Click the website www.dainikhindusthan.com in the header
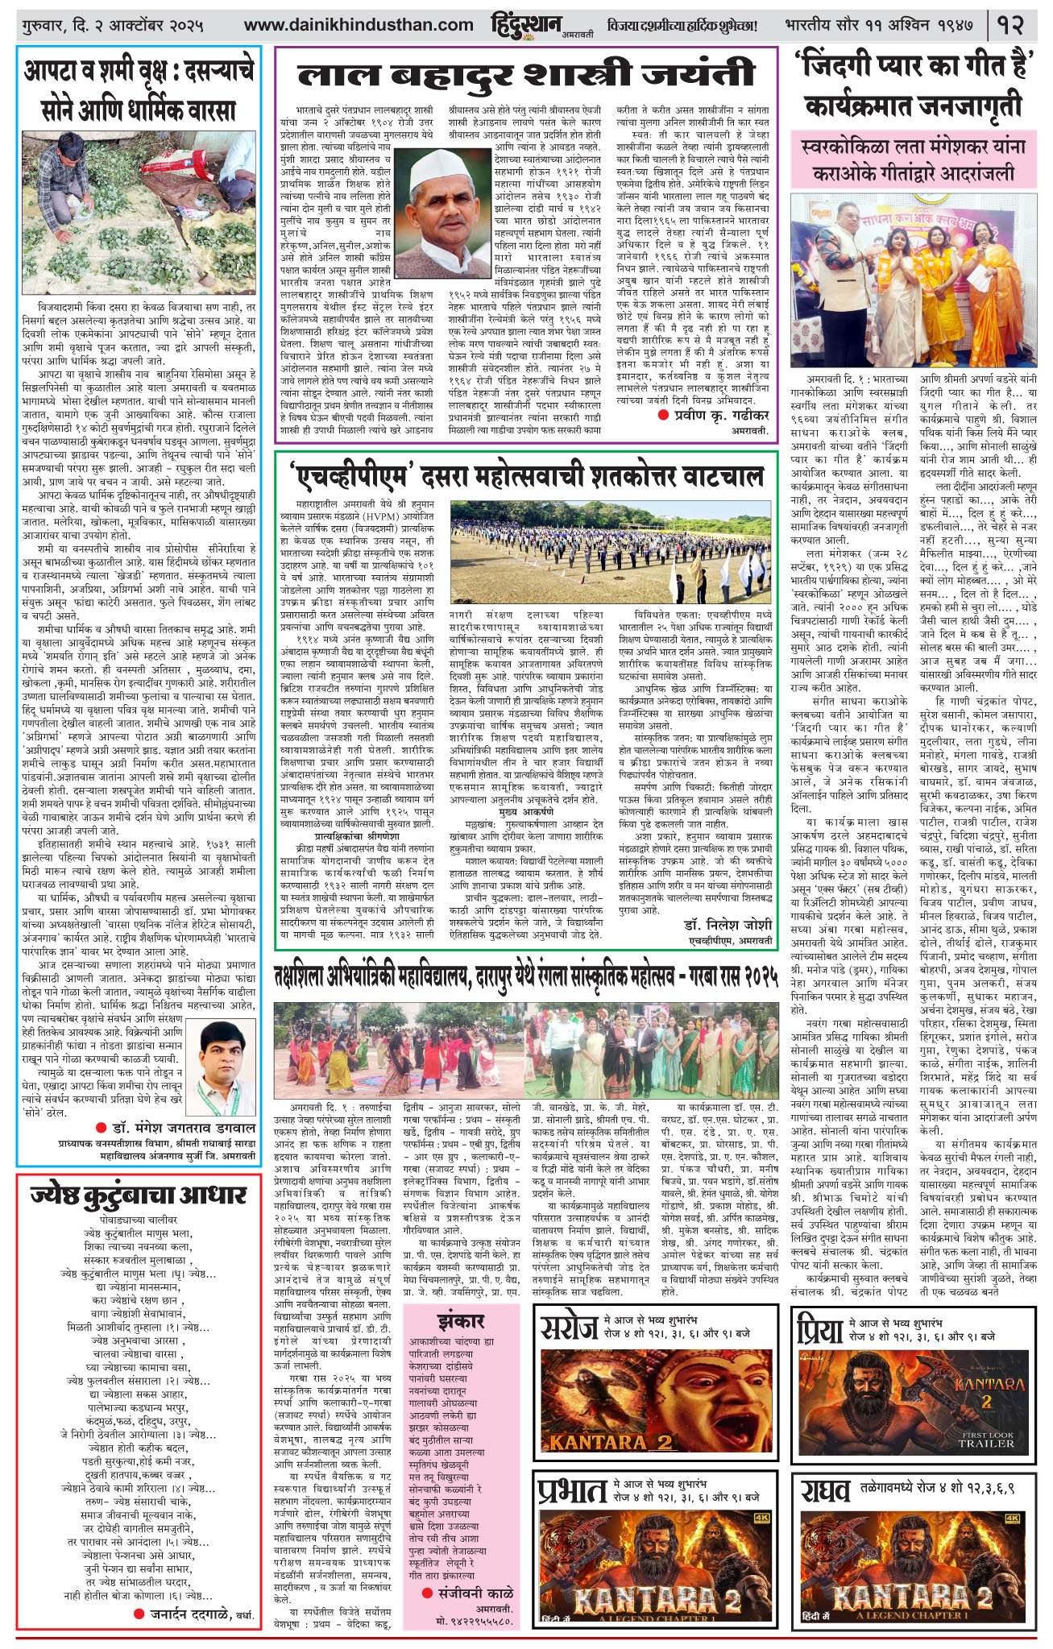pos(359,26)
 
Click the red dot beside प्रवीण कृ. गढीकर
pos(663,415)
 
